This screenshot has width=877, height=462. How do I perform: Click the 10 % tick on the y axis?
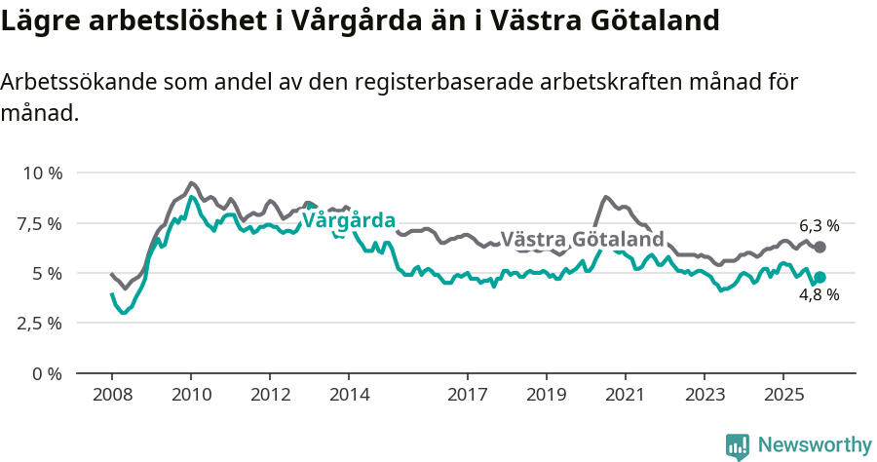coord(42,173)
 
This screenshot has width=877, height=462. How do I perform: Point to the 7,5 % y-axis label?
coord(41,223)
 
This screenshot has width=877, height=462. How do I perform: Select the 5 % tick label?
coord(48,274)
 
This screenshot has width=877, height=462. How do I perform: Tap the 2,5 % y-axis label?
coord(41,324)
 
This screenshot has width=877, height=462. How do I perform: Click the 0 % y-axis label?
coord(48,373)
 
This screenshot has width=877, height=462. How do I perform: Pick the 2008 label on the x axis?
coord(112,395)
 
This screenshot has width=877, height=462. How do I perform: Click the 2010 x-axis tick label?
coord(191,395)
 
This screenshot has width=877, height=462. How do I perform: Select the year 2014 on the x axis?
coord(349,395)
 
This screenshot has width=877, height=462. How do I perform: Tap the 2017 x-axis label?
coord(467,395)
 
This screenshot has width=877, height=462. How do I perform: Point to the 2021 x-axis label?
coord(625,395)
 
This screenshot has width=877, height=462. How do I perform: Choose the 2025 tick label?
coord(782,395)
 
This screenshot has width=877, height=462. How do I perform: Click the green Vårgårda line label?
coord(348,220)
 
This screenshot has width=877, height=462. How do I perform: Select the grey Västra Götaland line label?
coord(582,240)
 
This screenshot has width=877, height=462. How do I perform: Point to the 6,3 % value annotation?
coord(819,225)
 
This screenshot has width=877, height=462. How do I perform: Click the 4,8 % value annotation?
coord(819,295)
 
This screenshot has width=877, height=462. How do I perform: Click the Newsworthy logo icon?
coord(738,445)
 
